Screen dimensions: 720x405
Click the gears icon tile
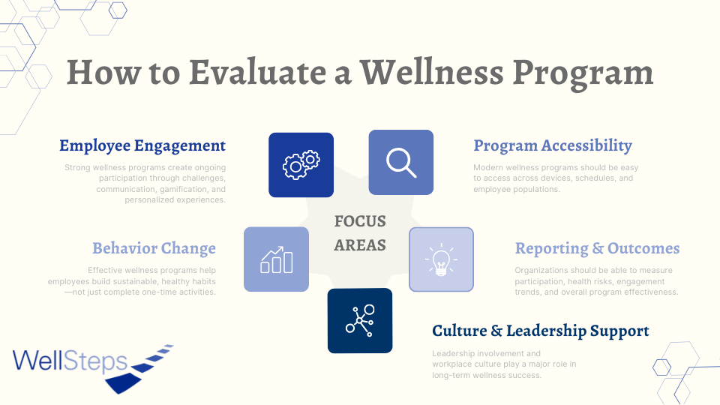click(x=301, y=165)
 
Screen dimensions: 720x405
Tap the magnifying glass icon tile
click(x=400, y=162)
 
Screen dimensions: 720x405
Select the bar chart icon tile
click(x=277, y=259)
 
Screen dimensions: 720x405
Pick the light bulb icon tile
click(x=441, y=259)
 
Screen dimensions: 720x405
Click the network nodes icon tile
click(x=360, y=320)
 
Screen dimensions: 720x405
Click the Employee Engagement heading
click(x=142, y=146)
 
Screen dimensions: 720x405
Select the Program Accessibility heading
click(x=553, y=146)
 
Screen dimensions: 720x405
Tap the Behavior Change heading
click(x=154, y=248)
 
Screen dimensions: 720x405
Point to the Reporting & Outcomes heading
click(x=598, y=248)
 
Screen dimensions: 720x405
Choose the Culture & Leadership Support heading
click(x=541, y=331)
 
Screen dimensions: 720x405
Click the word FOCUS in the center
click(x=360, y=221)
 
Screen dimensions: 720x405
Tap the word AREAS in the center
click(x=360, y=245)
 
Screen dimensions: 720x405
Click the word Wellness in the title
click(x=432, y=73)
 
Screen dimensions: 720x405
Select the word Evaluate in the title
click(x=257, y=73)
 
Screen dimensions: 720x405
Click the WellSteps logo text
click(x=70, y=361)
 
